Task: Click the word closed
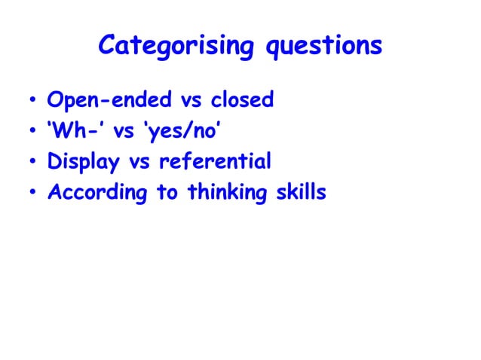click(x=240, y=99)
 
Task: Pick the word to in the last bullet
click(x=167, y=193)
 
